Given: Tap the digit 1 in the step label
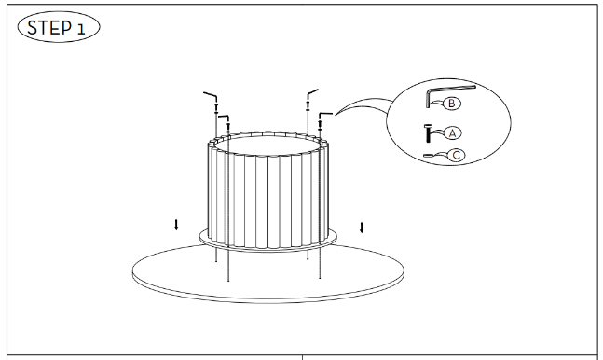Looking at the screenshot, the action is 81,29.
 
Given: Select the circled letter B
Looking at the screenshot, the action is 451,104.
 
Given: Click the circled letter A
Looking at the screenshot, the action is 453,133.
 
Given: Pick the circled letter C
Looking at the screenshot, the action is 457,155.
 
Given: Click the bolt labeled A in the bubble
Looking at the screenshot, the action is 428,132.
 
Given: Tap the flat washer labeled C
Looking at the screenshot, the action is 428,156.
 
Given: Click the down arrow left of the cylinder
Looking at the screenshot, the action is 176,225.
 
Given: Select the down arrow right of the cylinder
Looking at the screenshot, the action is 362,228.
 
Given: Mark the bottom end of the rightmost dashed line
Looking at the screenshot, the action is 320,278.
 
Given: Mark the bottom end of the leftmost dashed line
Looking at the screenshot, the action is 216,261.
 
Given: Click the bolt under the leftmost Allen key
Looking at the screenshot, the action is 216,107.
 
